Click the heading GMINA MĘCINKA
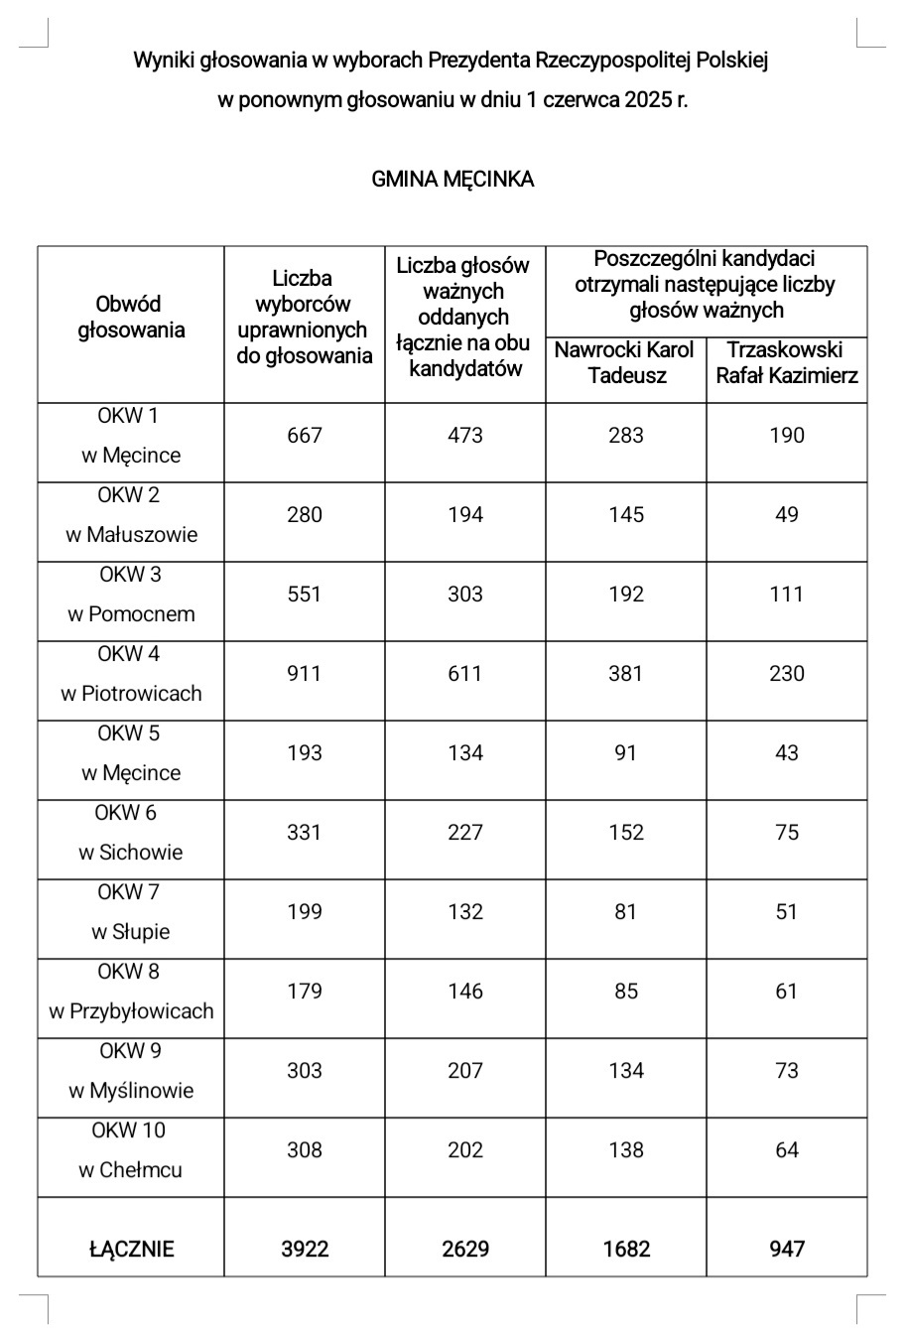coord(452,180)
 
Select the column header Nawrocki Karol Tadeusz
coord(625,362)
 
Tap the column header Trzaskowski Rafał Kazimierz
coord(787,362)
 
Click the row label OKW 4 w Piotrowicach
coord(130,674)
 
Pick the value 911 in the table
coord(304,674)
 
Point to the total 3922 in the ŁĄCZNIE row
coord(304,1249)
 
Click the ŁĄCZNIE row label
coord(130,1249)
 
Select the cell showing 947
coord(787,1249)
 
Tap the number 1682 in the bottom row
coord(626,1249)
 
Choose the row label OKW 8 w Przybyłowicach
coord(130,992)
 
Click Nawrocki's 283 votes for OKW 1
coord(626,435)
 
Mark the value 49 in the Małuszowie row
coord(787,514)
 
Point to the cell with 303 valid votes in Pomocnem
coord(464,594)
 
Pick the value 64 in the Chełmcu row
coord(787,1149)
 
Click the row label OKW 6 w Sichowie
coord(130,833)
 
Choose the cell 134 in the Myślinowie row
coord(626,1070)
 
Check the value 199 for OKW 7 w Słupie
coord(304,911)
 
